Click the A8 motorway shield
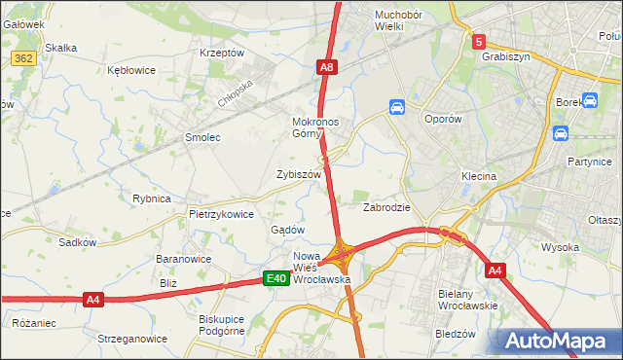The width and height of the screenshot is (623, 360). pos(327,67)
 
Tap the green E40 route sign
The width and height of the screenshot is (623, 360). pos(276,279)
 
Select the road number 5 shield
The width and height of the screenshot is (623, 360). pos(478,42)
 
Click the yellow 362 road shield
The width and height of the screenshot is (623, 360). pos(24,58)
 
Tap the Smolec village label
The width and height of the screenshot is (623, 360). pos(203,138)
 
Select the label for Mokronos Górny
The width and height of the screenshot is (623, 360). pos(314,128)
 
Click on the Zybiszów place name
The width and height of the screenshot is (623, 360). pos(298,174)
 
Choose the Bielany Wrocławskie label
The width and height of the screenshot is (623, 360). pos(468,300)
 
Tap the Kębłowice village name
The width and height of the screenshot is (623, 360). pos(132,71)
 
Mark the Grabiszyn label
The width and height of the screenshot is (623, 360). pos(505,56)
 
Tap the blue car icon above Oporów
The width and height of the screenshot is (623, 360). pos(397,107)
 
